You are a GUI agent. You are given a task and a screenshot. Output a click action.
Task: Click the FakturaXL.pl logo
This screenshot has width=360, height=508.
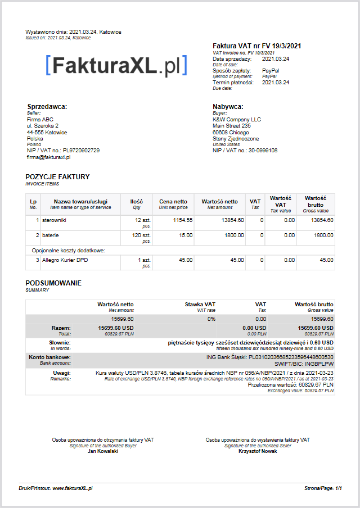[116, 66]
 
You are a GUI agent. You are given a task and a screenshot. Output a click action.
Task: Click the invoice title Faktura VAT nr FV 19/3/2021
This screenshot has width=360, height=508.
[258, 46]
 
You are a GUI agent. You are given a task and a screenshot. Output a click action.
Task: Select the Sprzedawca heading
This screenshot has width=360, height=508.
[47, 107]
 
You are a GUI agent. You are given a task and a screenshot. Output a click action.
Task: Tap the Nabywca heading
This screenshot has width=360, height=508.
[228, 107]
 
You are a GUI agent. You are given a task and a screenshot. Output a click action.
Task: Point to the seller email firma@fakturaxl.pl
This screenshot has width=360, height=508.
[48, 157]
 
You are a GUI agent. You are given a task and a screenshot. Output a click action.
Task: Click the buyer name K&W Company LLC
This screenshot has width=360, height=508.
[237, 119]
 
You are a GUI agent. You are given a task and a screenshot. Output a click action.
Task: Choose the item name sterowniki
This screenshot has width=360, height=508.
[55, 220]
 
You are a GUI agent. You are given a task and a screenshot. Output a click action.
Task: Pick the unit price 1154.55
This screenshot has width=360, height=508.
[183, 220]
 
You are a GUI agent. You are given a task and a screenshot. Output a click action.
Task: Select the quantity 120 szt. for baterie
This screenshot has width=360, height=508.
[140, 235]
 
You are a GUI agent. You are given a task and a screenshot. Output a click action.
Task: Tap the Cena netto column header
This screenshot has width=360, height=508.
[173, 202]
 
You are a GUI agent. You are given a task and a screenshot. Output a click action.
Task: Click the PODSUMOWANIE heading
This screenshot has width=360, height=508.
[53, 283]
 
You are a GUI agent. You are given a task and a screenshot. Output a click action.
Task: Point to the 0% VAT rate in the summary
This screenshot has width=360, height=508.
[211, 319]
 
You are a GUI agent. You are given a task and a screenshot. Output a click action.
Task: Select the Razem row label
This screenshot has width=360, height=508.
[61, 327]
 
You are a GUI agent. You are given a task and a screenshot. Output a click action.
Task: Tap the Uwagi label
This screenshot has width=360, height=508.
[62, 373]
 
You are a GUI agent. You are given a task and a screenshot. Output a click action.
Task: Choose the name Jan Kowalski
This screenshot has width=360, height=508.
[103, 451]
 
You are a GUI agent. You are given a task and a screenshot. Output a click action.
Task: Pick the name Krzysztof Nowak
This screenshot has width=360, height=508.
[258, 451]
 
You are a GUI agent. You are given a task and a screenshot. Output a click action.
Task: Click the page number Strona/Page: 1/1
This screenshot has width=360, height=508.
[323, 489]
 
